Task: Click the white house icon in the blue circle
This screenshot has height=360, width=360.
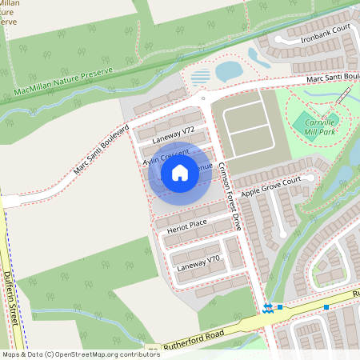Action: coord(180,172)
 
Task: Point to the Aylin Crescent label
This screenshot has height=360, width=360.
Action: coord(159,158)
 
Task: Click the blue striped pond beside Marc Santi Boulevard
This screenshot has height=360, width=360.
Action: coord(201,77)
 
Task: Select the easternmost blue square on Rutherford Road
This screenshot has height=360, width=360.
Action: coord(326,307)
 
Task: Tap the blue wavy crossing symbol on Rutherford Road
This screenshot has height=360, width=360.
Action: coord(267,307)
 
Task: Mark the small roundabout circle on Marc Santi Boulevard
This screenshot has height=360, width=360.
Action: coord(204,99)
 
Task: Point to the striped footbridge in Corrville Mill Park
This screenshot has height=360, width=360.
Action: coord(344,94)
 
